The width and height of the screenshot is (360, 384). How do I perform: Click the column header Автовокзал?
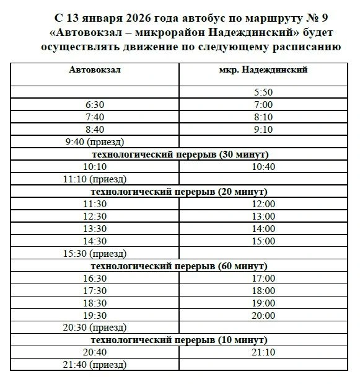click(x=94, y=69)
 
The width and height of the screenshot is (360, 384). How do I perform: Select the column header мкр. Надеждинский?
click(x=263, y=69)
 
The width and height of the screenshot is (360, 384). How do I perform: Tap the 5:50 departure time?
click(x=263, y=92)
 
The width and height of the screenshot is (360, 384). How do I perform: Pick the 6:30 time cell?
click(x=94, y=104)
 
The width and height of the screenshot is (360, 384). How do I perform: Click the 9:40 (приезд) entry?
click(x=94, y=141)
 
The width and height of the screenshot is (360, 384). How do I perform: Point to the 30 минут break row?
click(x=179, y=154)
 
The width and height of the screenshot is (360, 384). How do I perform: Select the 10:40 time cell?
click(x=263, y=166)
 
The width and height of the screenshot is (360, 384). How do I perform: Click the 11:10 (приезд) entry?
click(x=94, y=179)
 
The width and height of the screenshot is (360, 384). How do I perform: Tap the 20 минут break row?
click(x=179, y=191)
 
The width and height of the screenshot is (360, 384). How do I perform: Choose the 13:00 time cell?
click(x=263, y=216)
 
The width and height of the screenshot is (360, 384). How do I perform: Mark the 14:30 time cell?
click(x=94, y=241)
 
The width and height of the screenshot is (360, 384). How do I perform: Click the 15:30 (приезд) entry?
click(x=94, y=253)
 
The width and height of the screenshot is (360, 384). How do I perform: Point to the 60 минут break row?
click(x=179, y=266)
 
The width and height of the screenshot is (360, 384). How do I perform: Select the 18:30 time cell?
click(x=94, y=303)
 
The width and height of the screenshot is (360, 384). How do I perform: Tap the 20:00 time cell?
click(x=263, y=315)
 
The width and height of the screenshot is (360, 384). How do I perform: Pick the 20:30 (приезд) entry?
click(x=94, y=328)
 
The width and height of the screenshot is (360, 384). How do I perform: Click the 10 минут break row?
click(x=179, y=340)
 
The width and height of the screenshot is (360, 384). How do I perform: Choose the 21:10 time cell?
click(x=263, y=352)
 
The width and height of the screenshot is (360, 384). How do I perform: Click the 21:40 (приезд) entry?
click(x=94, y=365)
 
